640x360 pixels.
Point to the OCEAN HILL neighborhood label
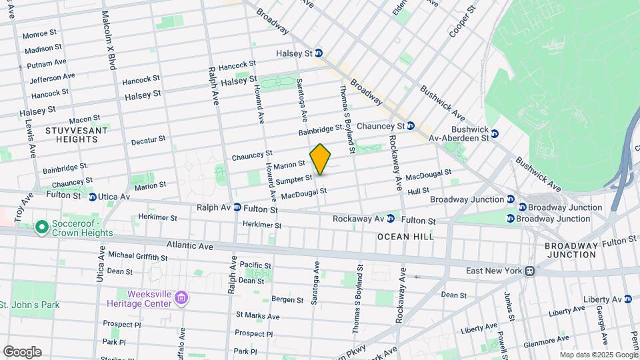pyautogui.click(x=405, y=237)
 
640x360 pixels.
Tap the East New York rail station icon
pyautogui.click(x=529, y=271)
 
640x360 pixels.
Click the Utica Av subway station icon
pyautogui.click(x=93, y=197)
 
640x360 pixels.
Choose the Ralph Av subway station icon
pyautogui.click(x=237, y=208)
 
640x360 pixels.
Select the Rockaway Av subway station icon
pyautogui.click(x=392, y=219)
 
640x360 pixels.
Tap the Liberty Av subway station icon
pyautogui.click(x=628, y=299)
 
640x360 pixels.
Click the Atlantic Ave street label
pyautogui.click(x=189, y=246)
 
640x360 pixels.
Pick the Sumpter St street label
pyautogui.click(x=294, y=179)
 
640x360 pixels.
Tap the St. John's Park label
pyautogui.click(x=29, y=305)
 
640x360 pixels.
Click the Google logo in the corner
pyautogui.click(x=22, y=351)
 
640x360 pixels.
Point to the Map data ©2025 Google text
pyautogui.click(x=597, y=355)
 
